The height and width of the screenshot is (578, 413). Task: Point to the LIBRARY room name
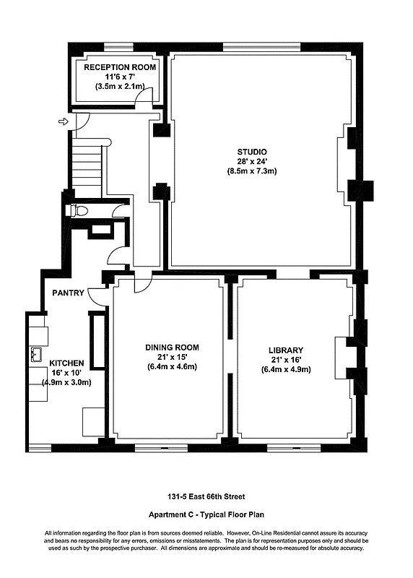point(285,350)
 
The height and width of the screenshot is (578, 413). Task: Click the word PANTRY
point(68,293)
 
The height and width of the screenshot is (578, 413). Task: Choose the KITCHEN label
point(66,363)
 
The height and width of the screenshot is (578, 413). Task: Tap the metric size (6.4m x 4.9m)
point(285,369)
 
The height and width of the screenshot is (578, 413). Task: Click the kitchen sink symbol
point(35,355)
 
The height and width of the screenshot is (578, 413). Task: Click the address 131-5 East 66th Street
point(206,496)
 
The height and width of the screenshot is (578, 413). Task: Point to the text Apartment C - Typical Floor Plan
point(206,515)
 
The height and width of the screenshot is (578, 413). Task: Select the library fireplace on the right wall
point(342,354)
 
